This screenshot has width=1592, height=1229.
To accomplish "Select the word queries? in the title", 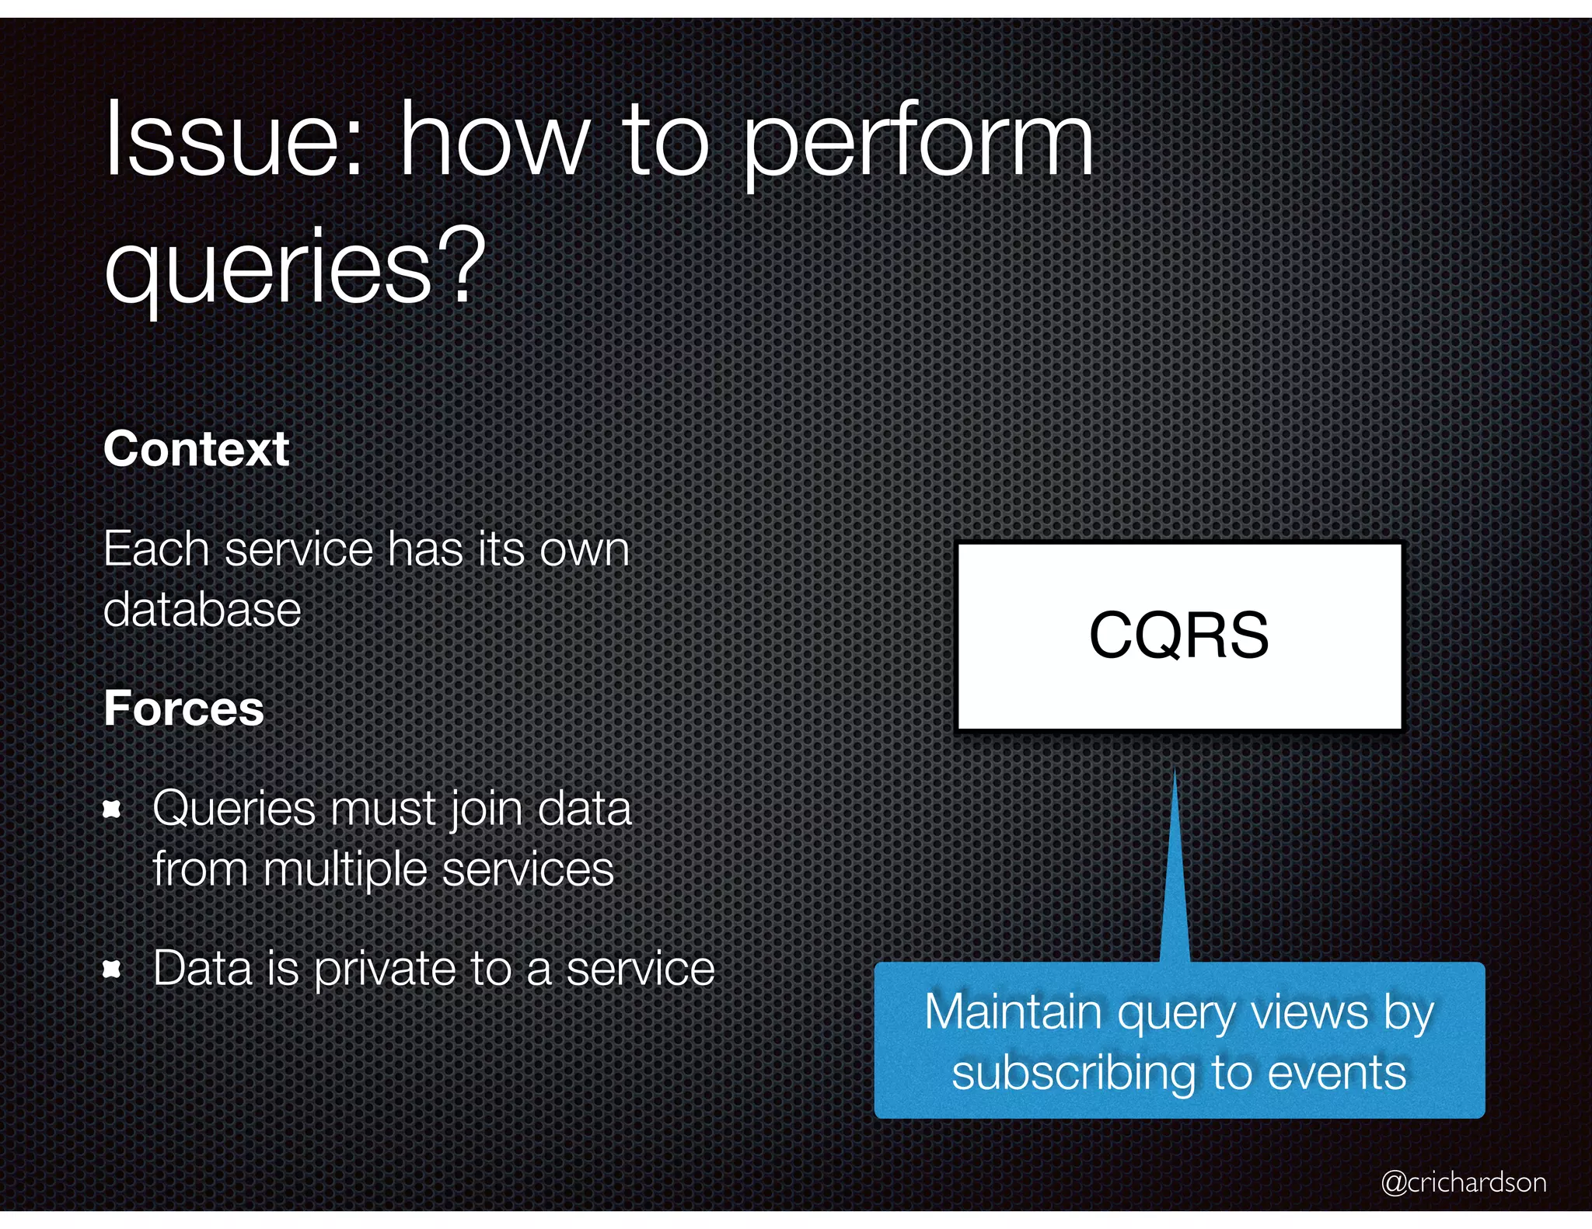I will pos(295,268).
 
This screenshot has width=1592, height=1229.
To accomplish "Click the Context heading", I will pos(197,449).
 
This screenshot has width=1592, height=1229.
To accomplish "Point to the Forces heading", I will pos(184,709).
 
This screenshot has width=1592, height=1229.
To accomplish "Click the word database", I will pos(202,609).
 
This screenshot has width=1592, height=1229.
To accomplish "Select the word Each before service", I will pos(156,549).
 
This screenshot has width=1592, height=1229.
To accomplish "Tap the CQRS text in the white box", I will pos(1178,635).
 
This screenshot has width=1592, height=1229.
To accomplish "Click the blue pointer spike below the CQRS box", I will pos(1175,878).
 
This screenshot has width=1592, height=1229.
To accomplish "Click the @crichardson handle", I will pos(1463,1182).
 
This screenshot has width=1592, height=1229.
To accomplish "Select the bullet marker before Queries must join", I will pos(113,810).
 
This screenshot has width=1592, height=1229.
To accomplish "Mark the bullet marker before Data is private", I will pos(113,969).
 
